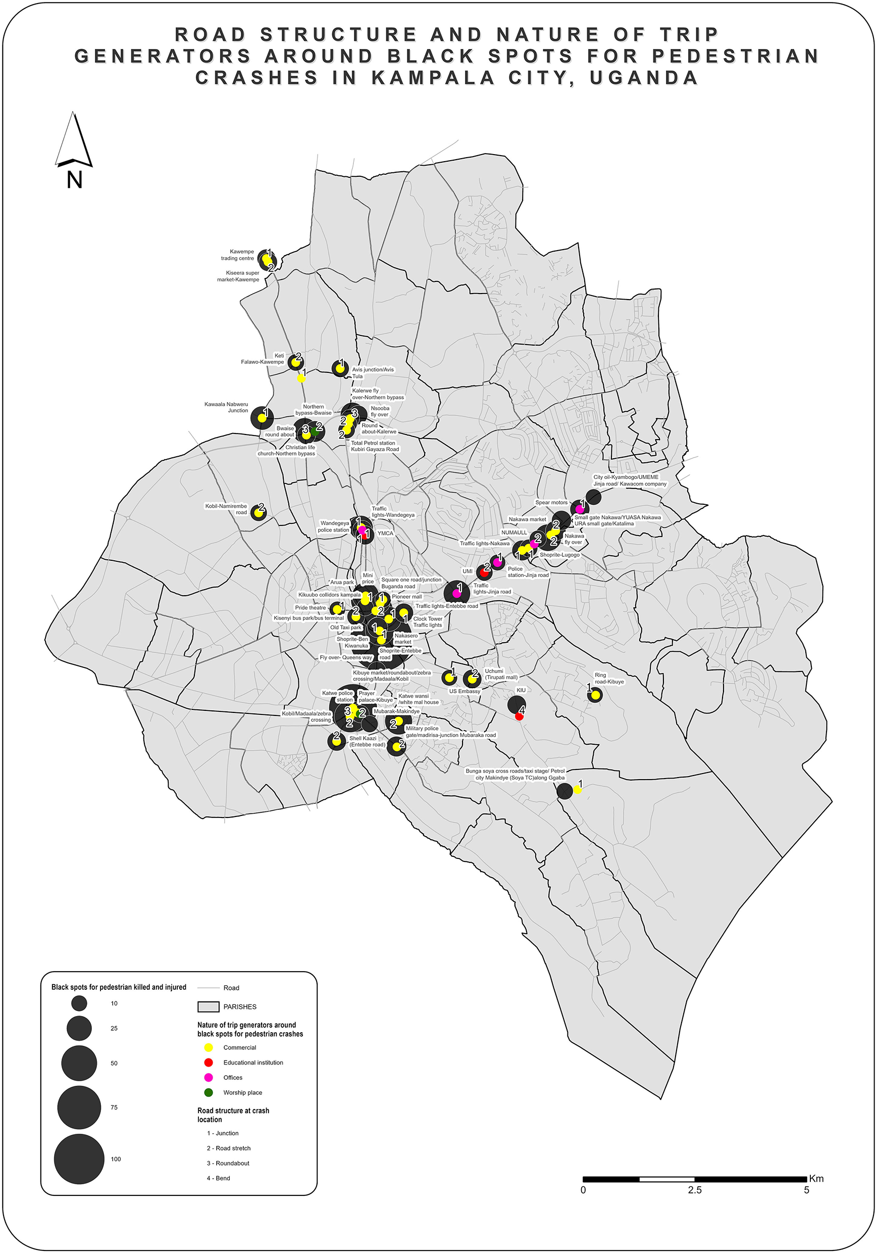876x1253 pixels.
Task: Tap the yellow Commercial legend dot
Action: (209, 1047)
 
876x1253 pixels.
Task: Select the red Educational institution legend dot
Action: (209, 1062)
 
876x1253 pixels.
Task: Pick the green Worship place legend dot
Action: (209, 1092)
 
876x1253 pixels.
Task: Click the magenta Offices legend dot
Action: (209, 1077)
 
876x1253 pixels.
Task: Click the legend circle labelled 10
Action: (79, 1003)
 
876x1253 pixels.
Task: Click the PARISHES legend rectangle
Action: (209, 1006)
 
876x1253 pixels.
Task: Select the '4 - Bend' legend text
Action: (218, 1178)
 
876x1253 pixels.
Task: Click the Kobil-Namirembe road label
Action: (226, 509)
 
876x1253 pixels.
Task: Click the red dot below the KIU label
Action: (519, 716)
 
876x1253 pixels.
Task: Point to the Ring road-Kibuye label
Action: (609, 679)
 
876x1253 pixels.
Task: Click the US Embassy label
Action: (465, 691)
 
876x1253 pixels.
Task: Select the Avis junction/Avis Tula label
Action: (373, 373)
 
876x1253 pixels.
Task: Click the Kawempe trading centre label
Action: (238, 255)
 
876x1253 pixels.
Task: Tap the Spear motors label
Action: (551, 502)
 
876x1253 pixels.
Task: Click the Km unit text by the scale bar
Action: (816, 1178)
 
